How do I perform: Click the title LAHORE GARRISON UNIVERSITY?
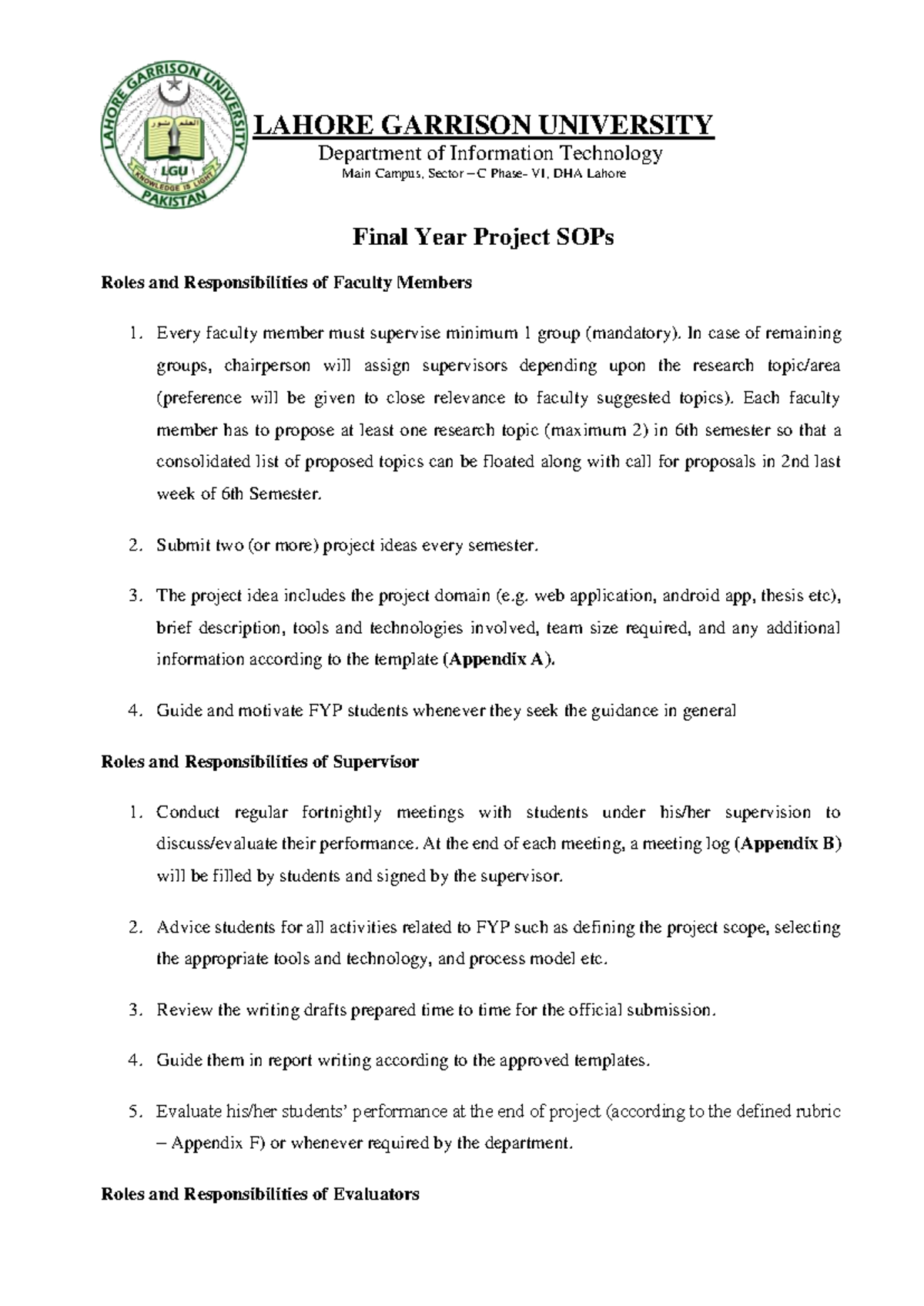[x=484, y=125]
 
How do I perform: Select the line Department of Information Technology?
[x=490, y=153]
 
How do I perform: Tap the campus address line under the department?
[x=484, y=174]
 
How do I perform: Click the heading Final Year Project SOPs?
[x=483, y=237]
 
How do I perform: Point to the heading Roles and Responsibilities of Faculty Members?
[x=286, y=283]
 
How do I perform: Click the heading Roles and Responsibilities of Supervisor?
[x=260, y=762]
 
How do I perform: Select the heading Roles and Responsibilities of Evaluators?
[x=260, y=1194]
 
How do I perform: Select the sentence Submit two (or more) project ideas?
[x=344, y=546]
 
